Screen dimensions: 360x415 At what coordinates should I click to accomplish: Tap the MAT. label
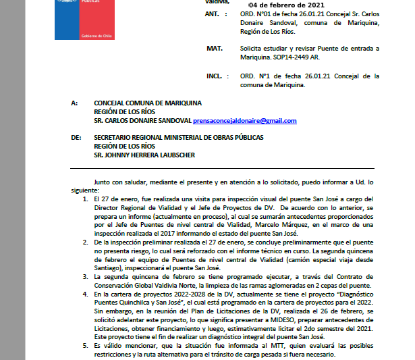pyautogui.click(x=215, y=49)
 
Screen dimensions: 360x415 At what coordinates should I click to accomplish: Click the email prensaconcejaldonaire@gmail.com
pyautogui.click(x=244, y=121)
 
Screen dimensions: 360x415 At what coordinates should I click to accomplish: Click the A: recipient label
pyautogui.click(x=74, y=103)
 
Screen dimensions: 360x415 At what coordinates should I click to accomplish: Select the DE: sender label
pyautogui.click(x=76, y=137)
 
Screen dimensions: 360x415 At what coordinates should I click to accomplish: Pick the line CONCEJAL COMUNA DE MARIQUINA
pyautogui.click(x=148, y=103)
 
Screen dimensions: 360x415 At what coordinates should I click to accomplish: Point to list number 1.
pyautogui.click(x=85, y=199)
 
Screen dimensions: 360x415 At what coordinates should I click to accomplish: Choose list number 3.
pyautogui.click(x=85, y=277)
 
